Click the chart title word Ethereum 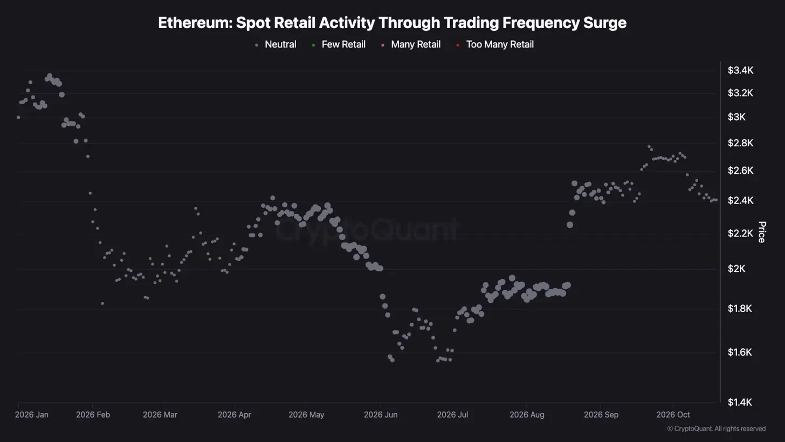point(195,23)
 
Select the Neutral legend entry point(276,45)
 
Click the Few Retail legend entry point(339,45)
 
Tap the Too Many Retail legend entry point(496,45)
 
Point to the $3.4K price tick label point(740,71)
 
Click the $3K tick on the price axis point(736,117)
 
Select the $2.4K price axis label point(740,201)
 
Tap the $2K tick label point(736,269)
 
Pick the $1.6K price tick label point(740,352)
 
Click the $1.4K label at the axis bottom point(740,403)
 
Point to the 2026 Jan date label point(31,415)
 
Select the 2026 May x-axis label point(306,415)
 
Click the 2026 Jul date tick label point(452,415)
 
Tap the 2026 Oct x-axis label point(673,415)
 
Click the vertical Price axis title point(761,232)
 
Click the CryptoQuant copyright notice point(717,429)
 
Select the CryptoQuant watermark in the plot point(367,230)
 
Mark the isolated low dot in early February point(102,304)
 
